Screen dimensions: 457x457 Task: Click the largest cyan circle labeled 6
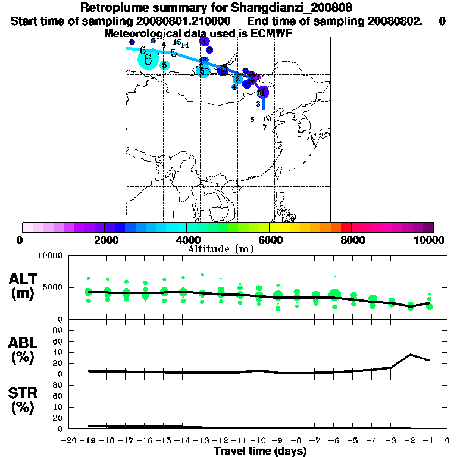point(148,58)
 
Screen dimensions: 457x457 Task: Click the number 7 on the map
point(265,127)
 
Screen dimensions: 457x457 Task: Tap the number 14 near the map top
point(185,45)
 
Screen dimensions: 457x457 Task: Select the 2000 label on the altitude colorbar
point(105,240)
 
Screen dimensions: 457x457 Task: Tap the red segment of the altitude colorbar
point(345,227)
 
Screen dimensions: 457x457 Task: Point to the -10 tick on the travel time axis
point(258,441)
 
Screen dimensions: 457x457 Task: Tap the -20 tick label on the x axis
point(69,441)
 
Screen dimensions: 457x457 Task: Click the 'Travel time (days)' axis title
point(260,451)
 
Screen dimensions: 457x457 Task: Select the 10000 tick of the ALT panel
point(51,256)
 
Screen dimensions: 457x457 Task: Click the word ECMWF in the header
point(271,33)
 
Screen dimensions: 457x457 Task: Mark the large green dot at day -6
point(335,294)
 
